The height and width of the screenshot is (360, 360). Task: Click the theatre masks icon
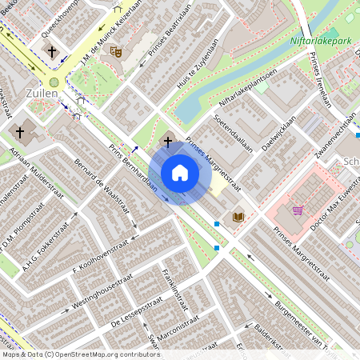pos(116,50)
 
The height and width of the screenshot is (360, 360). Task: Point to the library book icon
pos(238,216)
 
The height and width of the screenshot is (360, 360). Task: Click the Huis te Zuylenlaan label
pos(198,62)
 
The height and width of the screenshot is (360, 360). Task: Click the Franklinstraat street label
pos(174,289)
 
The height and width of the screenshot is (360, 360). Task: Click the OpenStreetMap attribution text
pos(81,354)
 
